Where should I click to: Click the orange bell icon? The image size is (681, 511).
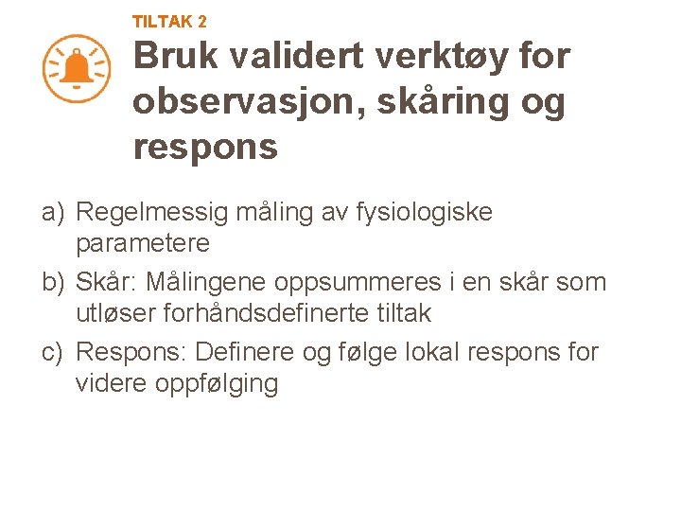point(77,68)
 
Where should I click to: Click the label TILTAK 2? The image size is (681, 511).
point(169,21)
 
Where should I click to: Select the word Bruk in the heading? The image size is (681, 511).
point(180,57)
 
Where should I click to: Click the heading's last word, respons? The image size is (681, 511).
point(205,148)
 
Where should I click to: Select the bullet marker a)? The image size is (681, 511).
point(53,212)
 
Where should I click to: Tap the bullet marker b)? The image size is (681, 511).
point(53,282)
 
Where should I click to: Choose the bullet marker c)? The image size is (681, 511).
point(53,352)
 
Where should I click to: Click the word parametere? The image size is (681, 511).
point(143,243)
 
